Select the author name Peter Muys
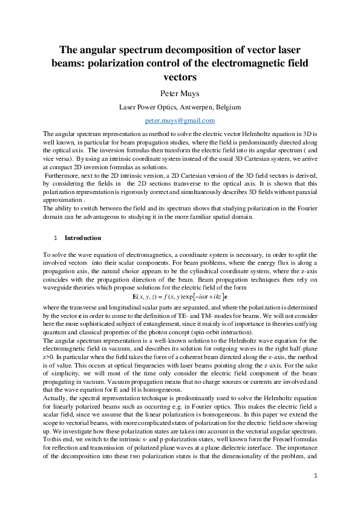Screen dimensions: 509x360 pyautogui.click(x=180, y=92)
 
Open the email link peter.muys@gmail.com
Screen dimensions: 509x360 pyautogui.click(x=180, y=121)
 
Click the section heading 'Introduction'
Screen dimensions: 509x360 pyautogui.click(x=83, y=238)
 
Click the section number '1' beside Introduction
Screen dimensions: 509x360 pyautogui.click(x=56, y=238)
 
